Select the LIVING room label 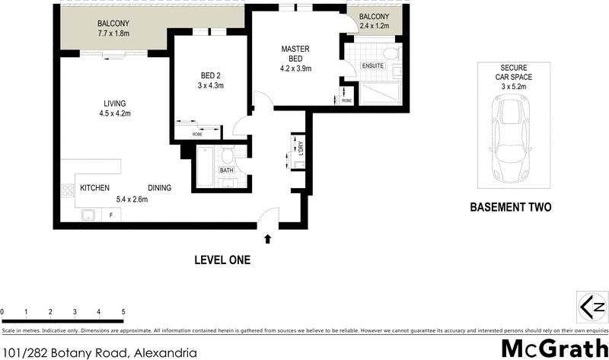coord(115,104)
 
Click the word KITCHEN coord(95,188)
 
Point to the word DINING coord(160,188)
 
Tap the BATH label coord(226,170)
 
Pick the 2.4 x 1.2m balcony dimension coord(374,27)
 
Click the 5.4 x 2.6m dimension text coord(131,199)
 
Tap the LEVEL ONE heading coord(222,260)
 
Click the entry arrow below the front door coord(267,240)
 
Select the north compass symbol coord(591,307)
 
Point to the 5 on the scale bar coord(123,312)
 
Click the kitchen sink coord(90,215)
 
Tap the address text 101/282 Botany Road coord(65,352)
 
